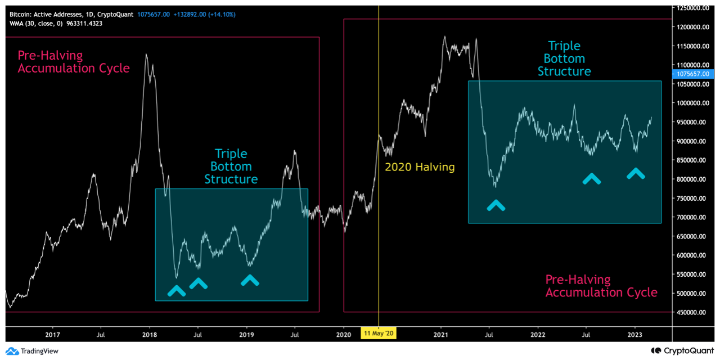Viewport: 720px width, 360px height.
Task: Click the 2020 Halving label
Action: click(419, 167)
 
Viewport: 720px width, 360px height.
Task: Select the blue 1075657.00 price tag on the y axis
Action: click(691, 73)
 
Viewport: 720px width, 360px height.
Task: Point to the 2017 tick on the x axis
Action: click(52, 334)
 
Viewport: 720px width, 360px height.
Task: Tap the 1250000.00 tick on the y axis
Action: click(693, 8)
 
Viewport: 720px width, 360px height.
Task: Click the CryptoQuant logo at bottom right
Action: click(681, 351)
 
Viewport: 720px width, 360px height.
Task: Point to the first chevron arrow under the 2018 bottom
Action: click(177, 291)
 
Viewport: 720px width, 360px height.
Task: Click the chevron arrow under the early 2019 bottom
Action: click(250, 280)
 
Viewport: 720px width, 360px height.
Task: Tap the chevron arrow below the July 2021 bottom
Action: click(496, 205)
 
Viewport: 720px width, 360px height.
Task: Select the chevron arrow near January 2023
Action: click(636, 174)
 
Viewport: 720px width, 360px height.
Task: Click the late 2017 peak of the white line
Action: click(146, 55)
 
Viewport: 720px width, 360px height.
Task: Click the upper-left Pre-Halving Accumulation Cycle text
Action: click(73, 62)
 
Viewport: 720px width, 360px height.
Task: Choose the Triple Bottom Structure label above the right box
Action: click(564, 58)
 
